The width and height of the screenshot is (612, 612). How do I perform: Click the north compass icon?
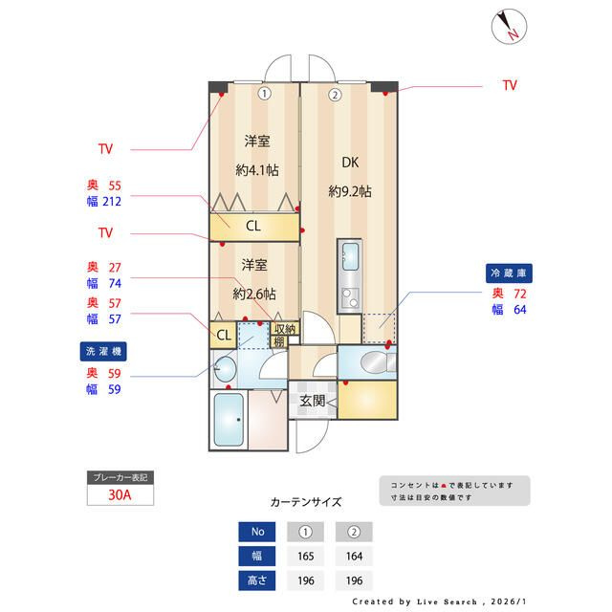point(508,27)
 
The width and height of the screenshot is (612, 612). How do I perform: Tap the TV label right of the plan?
point(510,86)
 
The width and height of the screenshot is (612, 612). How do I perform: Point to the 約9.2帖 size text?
point(349,191)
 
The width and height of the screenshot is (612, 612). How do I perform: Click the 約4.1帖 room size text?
point(255,170)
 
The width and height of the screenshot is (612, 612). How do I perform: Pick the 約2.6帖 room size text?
point(254,293)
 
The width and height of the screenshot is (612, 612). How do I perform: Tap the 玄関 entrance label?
point(312,401)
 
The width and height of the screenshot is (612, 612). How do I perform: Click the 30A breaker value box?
point(119,495)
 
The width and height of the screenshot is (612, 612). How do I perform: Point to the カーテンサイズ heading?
point(306,501)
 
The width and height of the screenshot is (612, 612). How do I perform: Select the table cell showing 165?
point(306,556)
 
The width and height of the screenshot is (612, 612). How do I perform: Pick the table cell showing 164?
point(354,556)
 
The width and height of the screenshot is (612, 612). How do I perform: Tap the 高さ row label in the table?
point(258,580)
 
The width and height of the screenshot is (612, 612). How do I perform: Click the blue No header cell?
point(258,532)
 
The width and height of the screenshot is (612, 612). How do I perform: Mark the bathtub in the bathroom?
point(228,422)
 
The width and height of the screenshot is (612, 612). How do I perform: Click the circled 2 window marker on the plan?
point(335,95)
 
